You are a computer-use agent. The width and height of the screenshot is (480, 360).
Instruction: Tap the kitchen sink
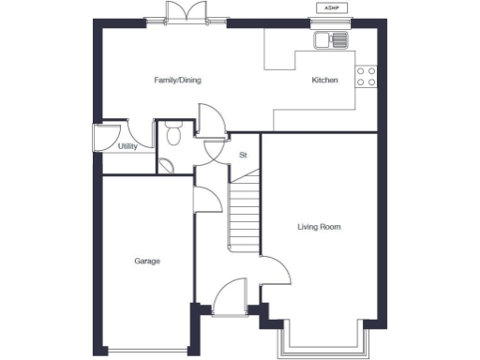point(331,39)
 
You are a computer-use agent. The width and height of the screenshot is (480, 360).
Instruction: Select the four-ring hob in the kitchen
point(367,77)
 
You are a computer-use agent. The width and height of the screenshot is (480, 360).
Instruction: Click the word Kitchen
point(324,81)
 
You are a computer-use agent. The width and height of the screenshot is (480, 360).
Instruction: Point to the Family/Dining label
point(177,81)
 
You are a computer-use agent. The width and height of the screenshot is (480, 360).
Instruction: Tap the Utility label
point(127,147)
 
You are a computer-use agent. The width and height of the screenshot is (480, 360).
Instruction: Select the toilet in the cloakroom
point(172,135)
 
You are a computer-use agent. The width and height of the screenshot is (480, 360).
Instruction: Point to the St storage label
point(243,154)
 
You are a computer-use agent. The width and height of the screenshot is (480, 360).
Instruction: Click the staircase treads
point(245,215)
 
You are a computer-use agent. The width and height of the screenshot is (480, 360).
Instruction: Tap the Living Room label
point(319,227)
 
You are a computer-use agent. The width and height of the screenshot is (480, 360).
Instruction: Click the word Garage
point(146,261)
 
